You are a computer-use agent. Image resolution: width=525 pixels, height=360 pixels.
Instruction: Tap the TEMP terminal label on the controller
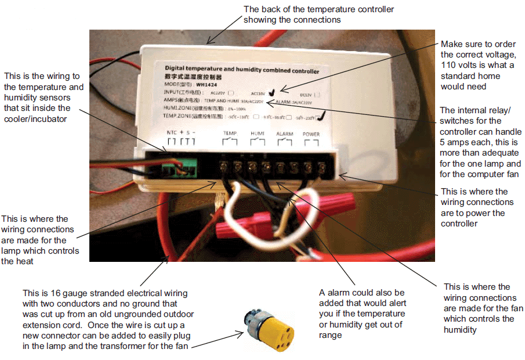point(230,134)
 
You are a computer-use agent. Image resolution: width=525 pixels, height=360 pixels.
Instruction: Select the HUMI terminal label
point(257,134)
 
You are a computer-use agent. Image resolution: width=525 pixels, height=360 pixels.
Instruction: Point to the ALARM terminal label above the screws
point(284,134)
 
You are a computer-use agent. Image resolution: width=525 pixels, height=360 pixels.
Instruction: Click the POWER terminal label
point(311,134)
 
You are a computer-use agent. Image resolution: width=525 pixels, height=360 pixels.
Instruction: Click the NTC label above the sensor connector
point(171,133)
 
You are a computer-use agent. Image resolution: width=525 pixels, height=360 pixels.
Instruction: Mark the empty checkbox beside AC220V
point(232,92)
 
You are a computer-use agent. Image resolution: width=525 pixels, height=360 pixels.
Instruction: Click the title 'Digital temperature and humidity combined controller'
point(242,70)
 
